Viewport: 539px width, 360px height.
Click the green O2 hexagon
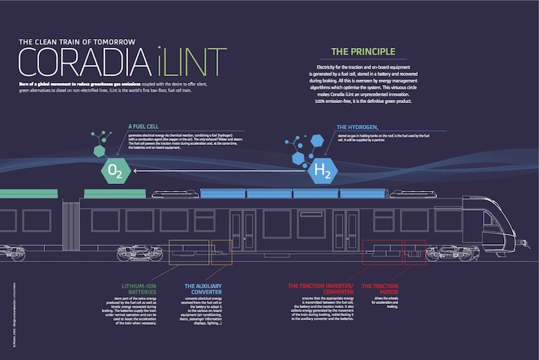click(x=113, y=171)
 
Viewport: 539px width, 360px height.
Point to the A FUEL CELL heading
click(x=144, y=126)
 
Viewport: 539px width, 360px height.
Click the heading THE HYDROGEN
click(x=360, y=126)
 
